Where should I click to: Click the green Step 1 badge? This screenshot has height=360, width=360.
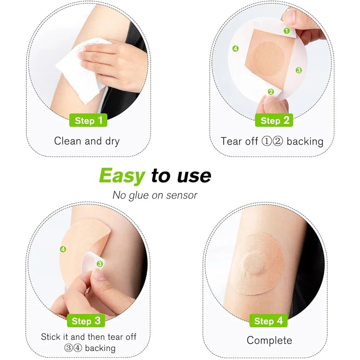pyautogui.click(x=88, y=120)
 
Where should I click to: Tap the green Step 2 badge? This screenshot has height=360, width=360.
pyautogui.click(x=274, y=120)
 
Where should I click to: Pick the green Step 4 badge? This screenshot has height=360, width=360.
pyautogui.click(x=268, y=321)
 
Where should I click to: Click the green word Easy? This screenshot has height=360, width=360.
pyautogui.click(x=122, y=176)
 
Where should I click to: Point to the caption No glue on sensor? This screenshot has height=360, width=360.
pyautogui.click(x=155, y=195)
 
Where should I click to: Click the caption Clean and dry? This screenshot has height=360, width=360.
pyautogui.click(x=86, y=141)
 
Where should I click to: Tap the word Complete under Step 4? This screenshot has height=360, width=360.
pyautogui.click(x=269, y=340)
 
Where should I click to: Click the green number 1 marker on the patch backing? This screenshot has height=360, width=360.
pyautogui.click(x=287, y=31)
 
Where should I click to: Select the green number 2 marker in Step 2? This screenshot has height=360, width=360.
pyautogui.click(x=271, y=92)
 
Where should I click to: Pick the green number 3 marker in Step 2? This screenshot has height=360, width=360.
pyautogui.click(x=298, y=70)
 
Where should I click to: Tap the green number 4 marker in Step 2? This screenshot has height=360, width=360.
pyautogui.click(x=235, y=49)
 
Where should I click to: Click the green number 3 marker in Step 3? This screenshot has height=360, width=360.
pyautogui.click(x=100, y=264)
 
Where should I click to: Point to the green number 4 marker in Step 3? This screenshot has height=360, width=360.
pyautogui.click(x=63, y=249)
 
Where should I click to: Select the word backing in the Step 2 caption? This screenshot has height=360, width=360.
pyautogui.click(x=305, y=141)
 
